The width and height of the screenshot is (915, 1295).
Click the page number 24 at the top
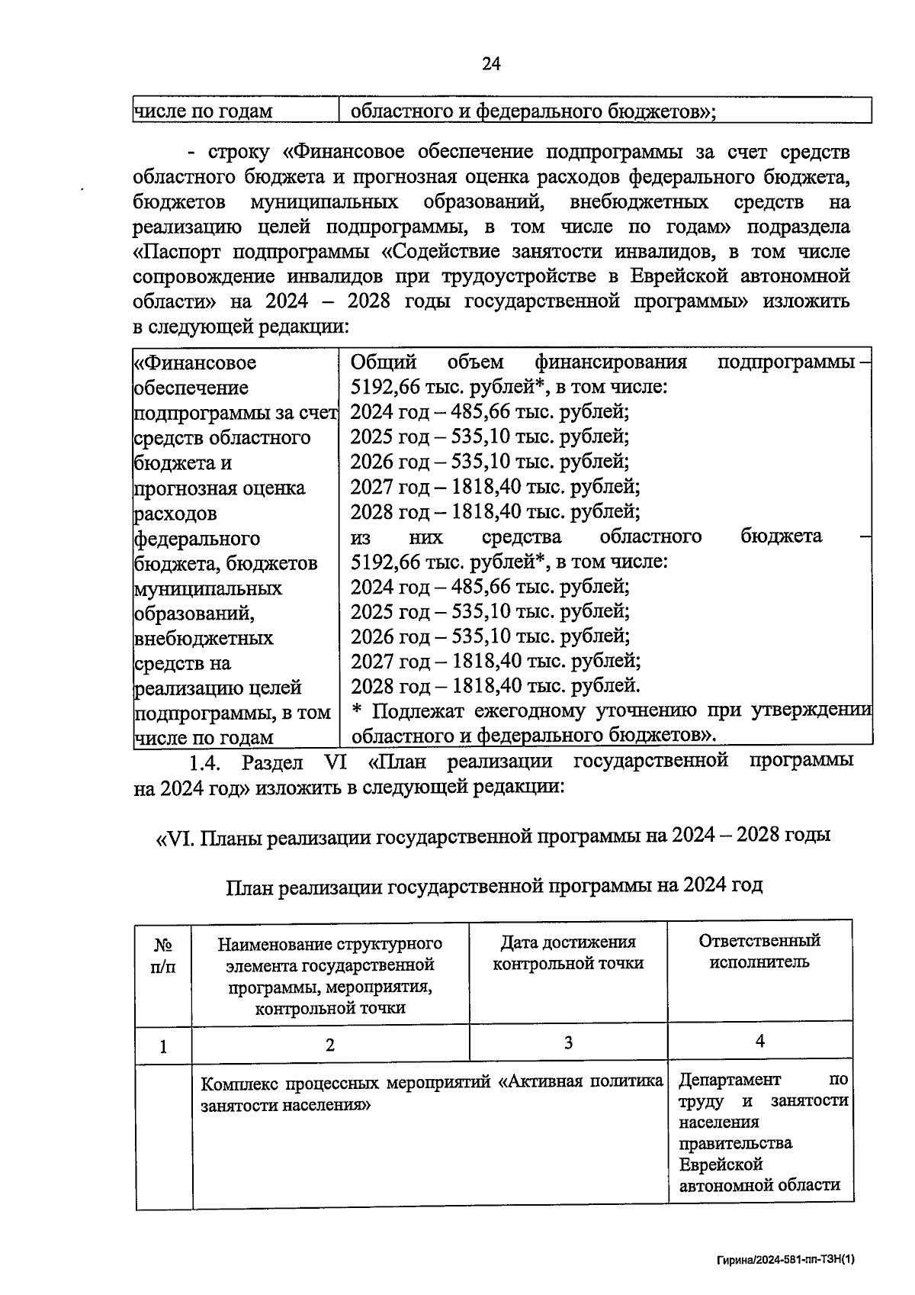tap(491, 64)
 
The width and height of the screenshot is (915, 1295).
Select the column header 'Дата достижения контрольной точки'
tap(568, 953)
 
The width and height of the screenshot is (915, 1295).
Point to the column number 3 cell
tap(568, 1042)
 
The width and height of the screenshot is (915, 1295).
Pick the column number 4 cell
tap(759, 1042)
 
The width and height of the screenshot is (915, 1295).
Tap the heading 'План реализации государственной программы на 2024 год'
tap(494, 885)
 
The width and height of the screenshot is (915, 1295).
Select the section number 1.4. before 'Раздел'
tap(205, 762)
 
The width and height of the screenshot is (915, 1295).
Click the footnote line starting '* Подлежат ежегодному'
tap(610, 710)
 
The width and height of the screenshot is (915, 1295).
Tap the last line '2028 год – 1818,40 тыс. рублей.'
tap(495, 685)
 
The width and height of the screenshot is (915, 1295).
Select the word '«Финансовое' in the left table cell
tap(195, 362)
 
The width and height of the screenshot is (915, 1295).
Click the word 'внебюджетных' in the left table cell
tap(204, 638)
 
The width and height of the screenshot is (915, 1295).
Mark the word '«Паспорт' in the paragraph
tap(177, 252)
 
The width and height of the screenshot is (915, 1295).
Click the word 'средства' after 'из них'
tap(522, 536)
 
